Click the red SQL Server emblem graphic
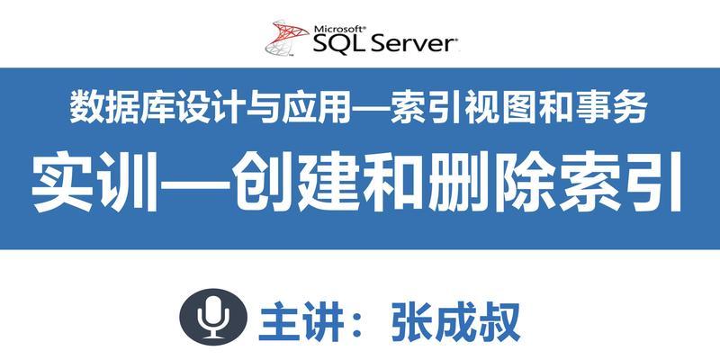(x=287, y=38)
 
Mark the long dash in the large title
(x=193, y=185)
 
